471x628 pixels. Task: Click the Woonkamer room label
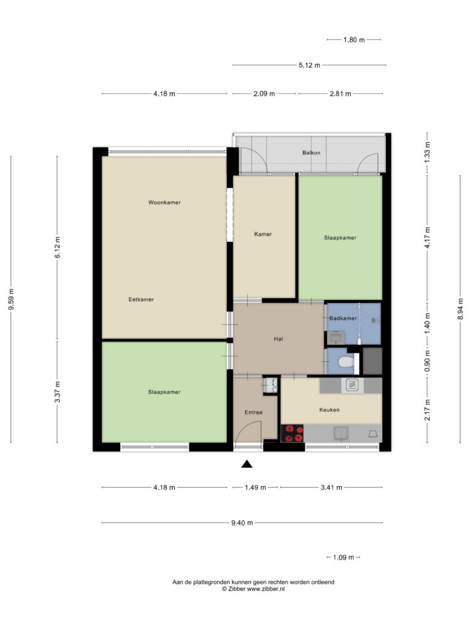coord(164,202)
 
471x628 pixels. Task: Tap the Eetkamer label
coord(141,299)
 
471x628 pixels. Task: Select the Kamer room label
coord(262,234)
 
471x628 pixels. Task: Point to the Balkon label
coord(311,153)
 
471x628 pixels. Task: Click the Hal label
coord(278,339)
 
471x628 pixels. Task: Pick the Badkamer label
coord(343,318)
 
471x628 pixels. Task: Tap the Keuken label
coord(329,410)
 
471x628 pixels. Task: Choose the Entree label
coord(253,412)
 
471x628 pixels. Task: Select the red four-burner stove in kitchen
coord(293,434)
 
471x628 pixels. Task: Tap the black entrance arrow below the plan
coord(247,464)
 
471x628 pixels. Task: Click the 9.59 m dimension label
coord(11,299)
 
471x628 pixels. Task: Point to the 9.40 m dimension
coord(242,523)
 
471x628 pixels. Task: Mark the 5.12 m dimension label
coord(309,65)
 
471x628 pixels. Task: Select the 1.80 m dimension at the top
coord(354,40)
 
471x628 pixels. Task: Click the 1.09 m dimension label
coord(343,557)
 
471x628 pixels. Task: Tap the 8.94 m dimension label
coord(461,309)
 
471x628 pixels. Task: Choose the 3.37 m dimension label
coord(57,392)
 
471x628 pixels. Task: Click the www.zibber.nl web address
coord(266,589)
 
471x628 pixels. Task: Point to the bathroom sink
coord(335,338)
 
